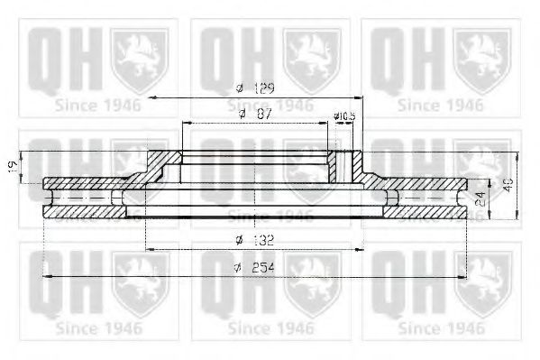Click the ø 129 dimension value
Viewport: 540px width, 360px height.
coord(256,88)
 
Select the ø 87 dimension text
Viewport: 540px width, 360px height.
coord(256,115)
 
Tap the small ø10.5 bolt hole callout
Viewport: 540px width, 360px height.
coord(343,116)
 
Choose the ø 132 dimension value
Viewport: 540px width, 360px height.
coord(256,241)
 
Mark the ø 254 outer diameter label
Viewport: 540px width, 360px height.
coord(256,268)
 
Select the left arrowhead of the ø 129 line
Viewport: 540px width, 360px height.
coord(154,96)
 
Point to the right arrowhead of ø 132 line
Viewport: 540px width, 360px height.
coord(361,249)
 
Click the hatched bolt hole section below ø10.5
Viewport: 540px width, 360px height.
coord(343,166)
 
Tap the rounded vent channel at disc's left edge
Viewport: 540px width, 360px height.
coord(51,198)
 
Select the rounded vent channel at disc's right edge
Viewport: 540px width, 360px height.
coord(461,198)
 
